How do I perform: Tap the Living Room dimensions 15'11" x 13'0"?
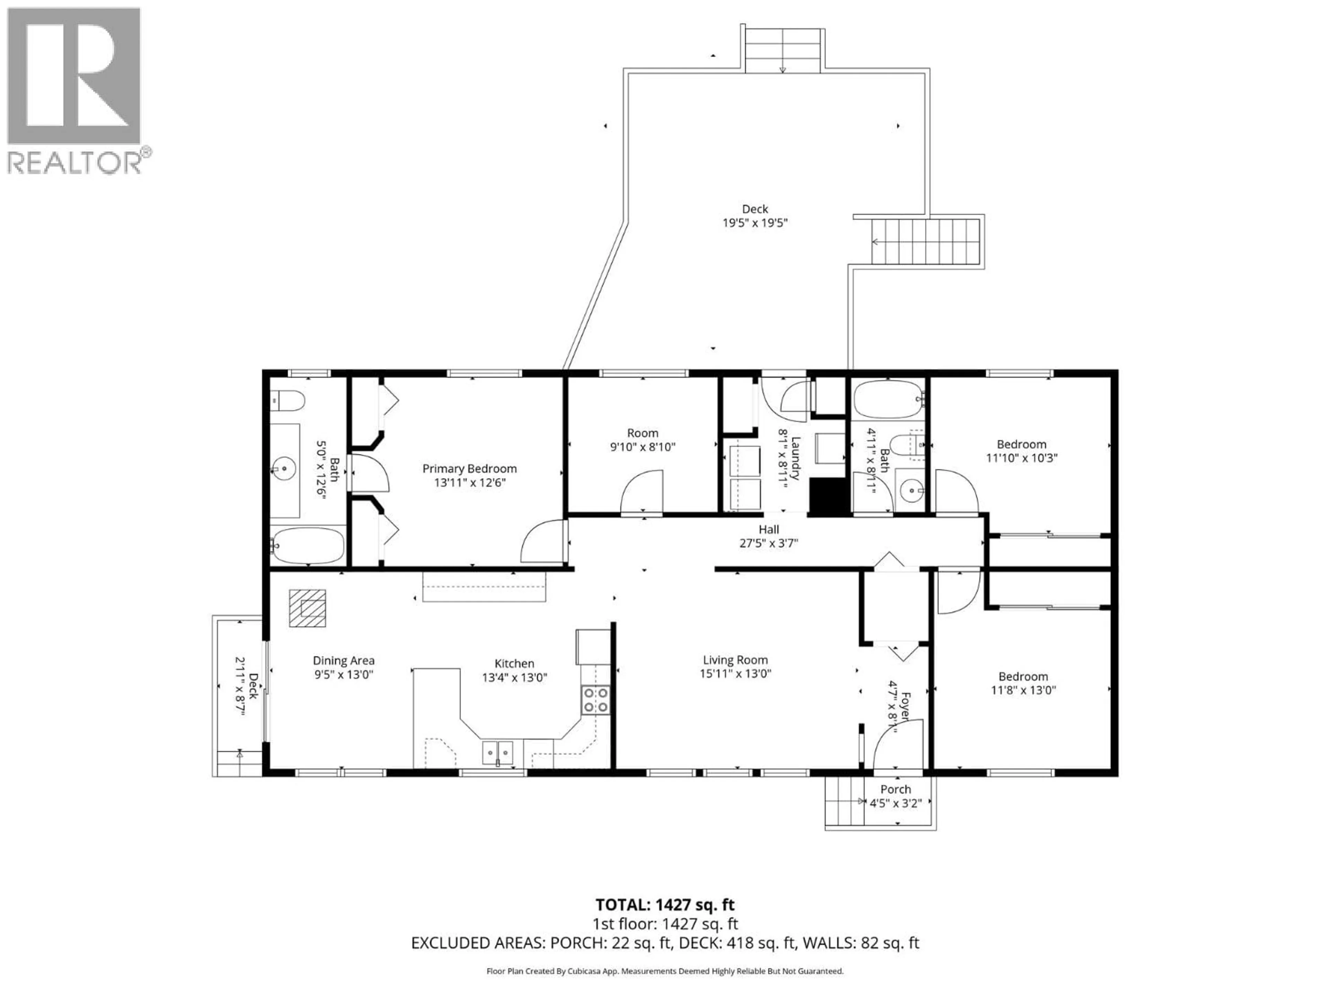[x=735, y=674]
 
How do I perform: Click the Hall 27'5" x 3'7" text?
[x=769, y=536]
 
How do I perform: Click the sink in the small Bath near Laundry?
[x=912, y=491]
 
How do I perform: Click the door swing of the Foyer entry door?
[x=896, y=746]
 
